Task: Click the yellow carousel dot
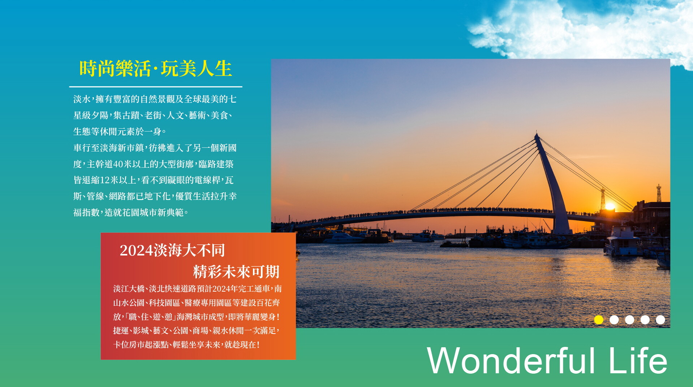pyautogui.click(x=599, y=320)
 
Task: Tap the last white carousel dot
pyautogui.click(x=660, y=320)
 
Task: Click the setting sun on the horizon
pyautogui.click(x=610, y=206)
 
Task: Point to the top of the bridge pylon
pyautogui.click(x=537, y=134)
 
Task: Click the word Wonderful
pyautogui.click(x=511, y=360)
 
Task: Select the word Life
pyautogui.click(x=638, y=360)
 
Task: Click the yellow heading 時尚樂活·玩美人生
pyautogui.click(x=155, y=68)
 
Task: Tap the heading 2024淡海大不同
pyautogui.click(x=172, y=250)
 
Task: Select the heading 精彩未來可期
pyautogui.click(x=236, y=272)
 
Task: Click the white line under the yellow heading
pyautogui.click(x=156, y=87)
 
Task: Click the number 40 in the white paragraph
pyautogui.click(x=118, y=164)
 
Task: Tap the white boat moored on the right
pyautogui.click(x=621, y=241)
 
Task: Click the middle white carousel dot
pyautogui.click(x=629, y=320)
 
